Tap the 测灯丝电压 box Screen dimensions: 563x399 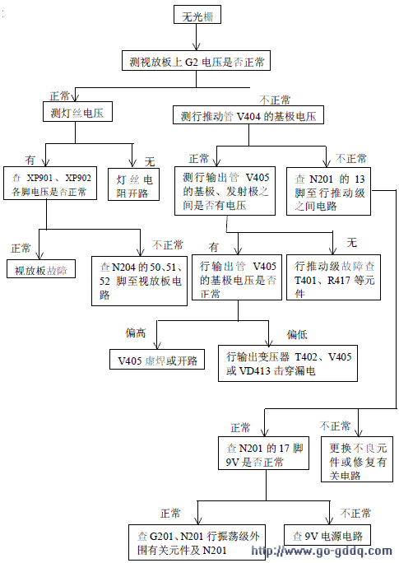tap(77, 112)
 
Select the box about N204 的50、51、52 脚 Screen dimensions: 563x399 tap(141, 275)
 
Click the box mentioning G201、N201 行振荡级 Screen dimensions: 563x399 tap(198, 542)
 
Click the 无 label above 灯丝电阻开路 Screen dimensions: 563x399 tap(150, 159)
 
